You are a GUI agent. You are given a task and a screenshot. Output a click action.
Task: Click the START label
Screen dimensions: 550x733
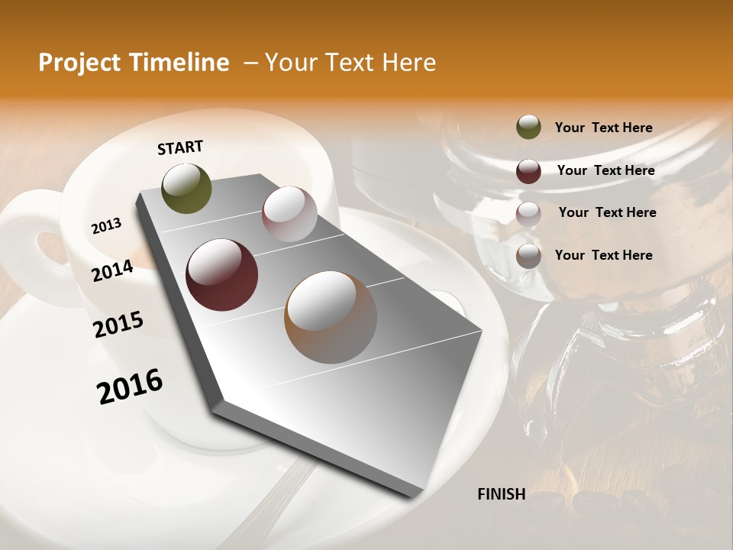click(180, 147)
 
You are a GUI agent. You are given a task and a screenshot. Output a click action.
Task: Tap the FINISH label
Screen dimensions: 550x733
click(501, 494)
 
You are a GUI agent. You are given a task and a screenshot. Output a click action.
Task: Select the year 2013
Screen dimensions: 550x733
click(106, 225)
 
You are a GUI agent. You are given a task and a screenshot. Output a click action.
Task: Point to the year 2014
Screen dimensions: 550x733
click(112, 270)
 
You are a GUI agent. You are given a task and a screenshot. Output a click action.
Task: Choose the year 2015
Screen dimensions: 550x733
click(118, 325)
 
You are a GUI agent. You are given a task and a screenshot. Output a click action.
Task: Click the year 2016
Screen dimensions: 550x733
click(130, 387)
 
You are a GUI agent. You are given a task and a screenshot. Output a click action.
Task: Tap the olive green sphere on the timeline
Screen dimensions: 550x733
click(187, 189)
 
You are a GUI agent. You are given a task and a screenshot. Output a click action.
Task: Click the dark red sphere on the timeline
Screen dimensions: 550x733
click(222, 275)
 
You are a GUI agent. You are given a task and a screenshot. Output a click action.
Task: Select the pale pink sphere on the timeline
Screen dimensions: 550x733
click(289, 214)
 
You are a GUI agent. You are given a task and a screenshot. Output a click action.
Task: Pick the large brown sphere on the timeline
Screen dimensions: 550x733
click(331, 316)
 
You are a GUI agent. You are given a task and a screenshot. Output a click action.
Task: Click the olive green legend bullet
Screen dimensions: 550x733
click(528, 128)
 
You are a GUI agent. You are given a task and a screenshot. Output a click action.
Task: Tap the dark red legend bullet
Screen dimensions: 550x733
click(528, 171)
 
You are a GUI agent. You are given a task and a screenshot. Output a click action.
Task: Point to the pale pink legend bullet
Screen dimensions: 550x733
click(528, 214)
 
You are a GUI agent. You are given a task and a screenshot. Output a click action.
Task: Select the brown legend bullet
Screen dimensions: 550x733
click(528, 256)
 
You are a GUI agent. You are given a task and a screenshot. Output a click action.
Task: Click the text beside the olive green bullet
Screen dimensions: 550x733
click(603, 128)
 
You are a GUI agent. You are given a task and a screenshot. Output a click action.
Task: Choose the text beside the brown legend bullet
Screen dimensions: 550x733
click(603, 255)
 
